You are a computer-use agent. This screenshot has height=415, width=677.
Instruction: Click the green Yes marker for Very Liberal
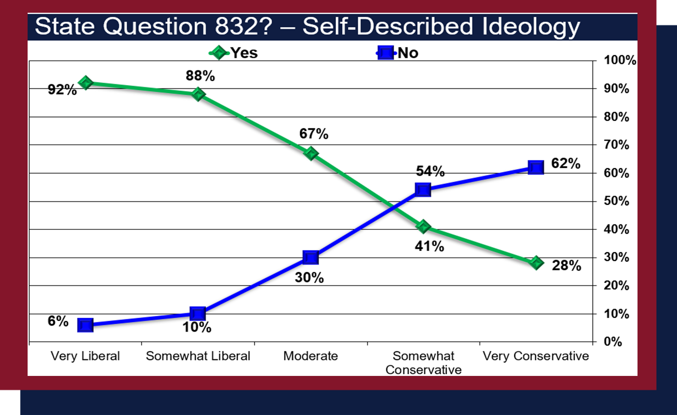(x=85, y=82)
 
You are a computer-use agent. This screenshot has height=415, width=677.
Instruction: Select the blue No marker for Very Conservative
(x=536, y=167)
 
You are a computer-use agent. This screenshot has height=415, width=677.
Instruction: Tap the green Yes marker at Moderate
(x=311, y=153)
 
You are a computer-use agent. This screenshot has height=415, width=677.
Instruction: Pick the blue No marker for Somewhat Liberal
(x=198, y=313)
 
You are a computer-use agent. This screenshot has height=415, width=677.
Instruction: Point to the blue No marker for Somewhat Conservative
(x=423, y=190)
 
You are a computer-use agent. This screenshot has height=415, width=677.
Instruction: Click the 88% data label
(x=200, y=76)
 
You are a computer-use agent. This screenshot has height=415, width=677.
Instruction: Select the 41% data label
(x=429, y=246)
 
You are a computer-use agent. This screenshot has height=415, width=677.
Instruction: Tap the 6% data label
(x=58, y=321)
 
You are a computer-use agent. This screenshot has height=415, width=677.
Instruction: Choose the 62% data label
(x=566, y=163)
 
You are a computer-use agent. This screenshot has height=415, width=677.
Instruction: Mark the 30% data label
(x=309, y=277)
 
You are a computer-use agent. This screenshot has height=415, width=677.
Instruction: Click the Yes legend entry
(x=233, y=53)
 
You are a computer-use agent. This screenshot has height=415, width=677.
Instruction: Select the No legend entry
(x=397, y=53)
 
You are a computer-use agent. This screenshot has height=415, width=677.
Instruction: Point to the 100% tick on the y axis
(x=620, y=60)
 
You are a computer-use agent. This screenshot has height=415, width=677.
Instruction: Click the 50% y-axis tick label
(x=617, y=201)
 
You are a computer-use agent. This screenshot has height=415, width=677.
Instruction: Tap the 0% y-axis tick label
(x=612, y=342)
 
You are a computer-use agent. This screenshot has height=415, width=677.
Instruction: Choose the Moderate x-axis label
(x=310, y=356)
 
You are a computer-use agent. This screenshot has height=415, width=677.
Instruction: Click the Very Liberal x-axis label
(x=85, y=356)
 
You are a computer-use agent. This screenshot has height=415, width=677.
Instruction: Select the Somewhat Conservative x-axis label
(x=423, y=363)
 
